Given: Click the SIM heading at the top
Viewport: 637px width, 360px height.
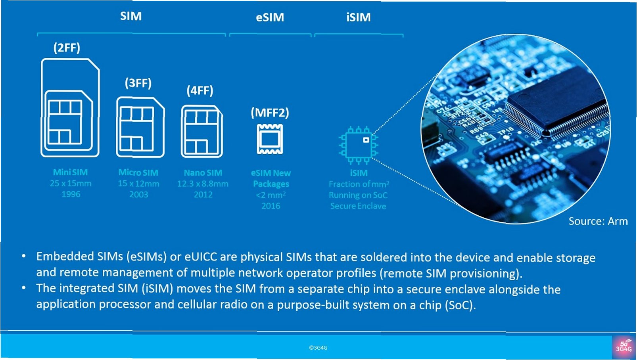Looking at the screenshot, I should [x=131, y=16].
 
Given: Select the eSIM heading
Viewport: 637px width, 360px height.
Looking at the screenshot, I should [x=270, y=17].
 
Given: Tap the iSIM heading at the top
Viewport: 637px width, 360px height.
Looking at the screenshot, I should [x=358, y=17].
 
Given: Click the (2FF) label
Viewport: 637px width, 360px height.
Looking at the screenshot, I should [x=67, y=48].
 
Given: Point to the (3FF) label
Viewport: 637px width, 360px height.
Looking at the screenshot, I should [x=138, y=83].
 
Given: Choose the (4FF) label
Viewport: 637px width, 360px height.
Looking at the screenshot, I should [x=200, y=91].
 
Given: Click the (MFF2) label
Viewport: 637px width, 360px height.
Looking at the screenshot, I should [x=270, y=113].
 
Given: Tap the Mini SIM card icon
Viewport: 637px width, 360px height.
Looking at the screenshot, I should [x=70, y=108].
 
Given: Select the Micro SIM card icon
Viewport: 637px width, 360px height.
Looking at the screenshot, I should [x=140, y=127].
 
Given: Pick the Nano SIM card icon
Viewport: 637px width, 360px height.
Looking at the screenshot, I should [x=202, y=131].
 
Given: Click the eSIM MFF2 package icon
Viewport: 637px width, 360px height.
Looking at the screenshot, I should [x=270, y=139].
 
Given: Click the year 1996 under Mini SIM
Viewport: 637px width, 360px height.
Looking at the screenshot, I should [x=71, y=194].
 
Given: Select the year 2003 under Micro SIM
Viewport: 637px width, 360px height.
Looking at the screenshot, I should [x=138, y=195].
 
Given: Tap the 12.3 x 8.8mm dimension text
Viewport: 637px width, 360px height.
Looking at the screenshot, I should [x=203, y=184].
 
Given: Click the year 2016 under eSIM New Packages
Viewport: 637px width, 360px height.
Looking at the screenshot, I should [x=271, y=206].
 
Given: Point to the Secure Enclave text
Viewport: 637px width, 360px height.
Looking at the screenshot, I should [x=358, y=206].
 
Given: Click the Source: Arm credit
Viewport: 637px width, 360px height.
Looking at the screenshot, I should [x=598, y=221].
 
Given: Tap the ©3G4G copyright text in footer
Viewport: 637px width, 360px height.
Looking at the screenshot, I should [x=318, y=348].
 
